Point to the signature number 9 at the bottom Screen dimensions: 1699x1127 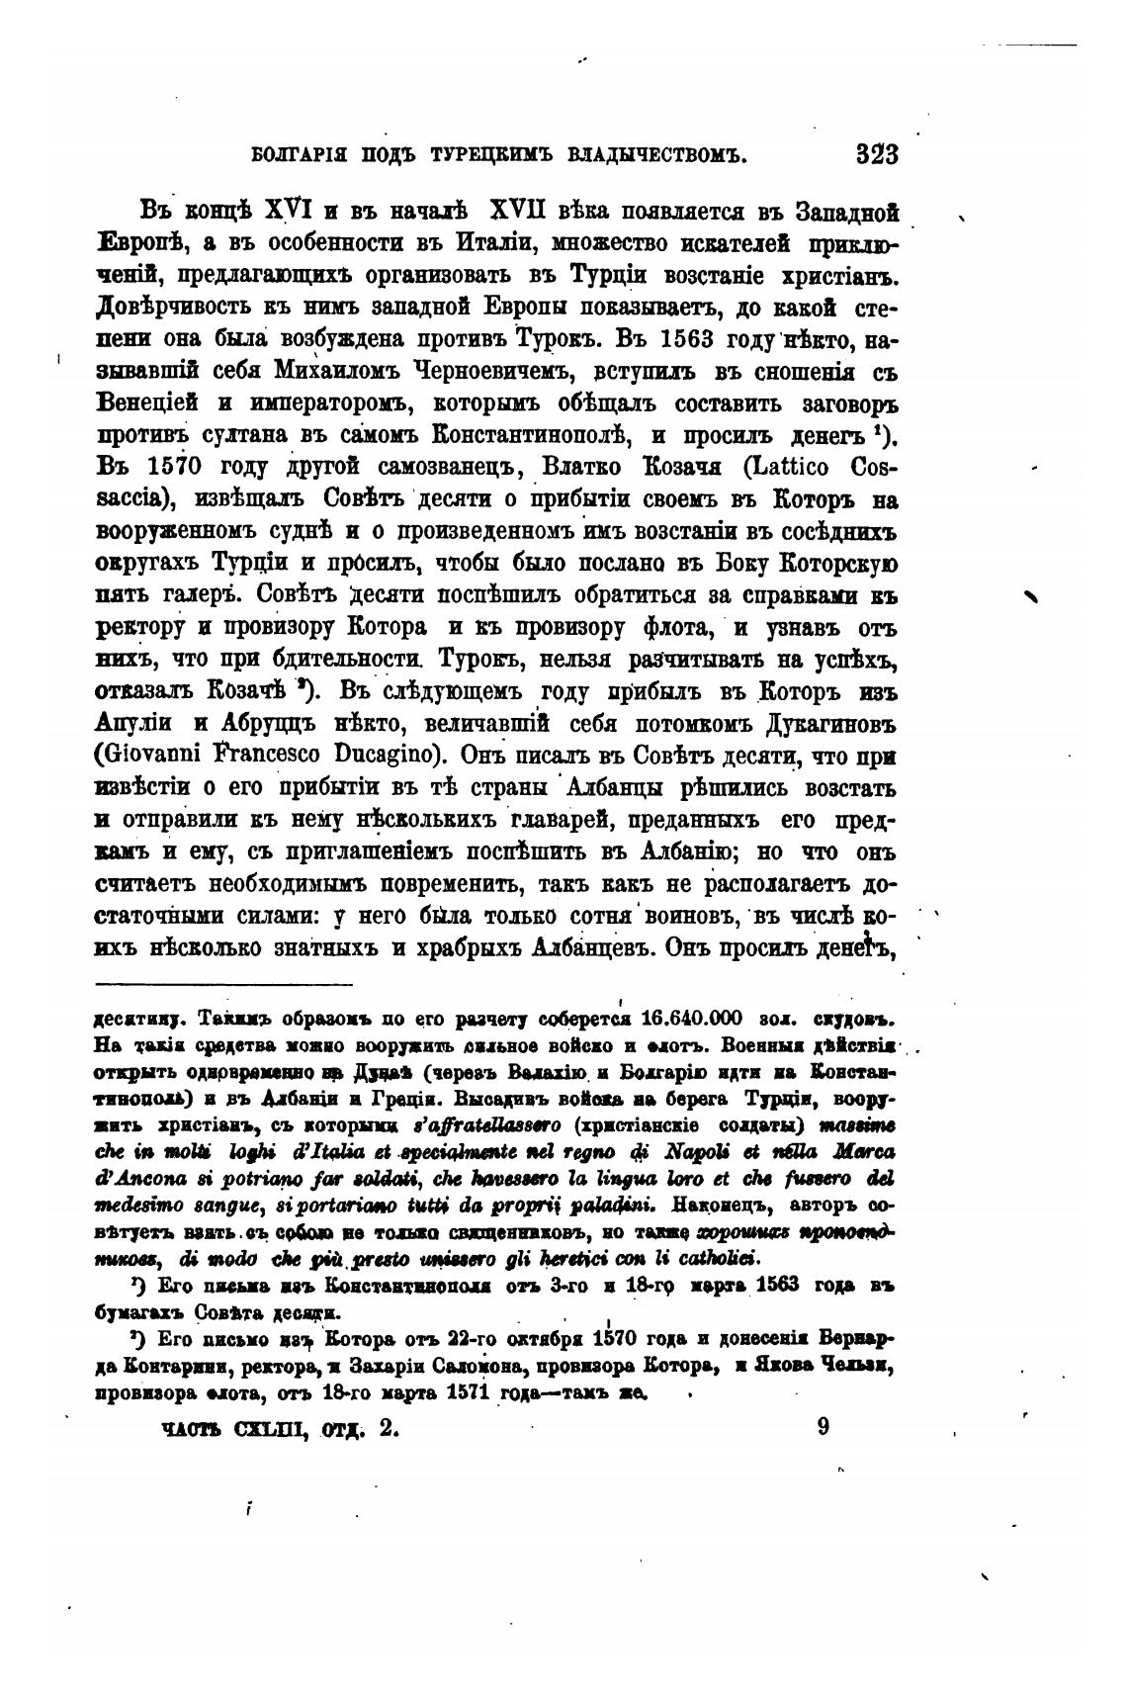click(824, 1427)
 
